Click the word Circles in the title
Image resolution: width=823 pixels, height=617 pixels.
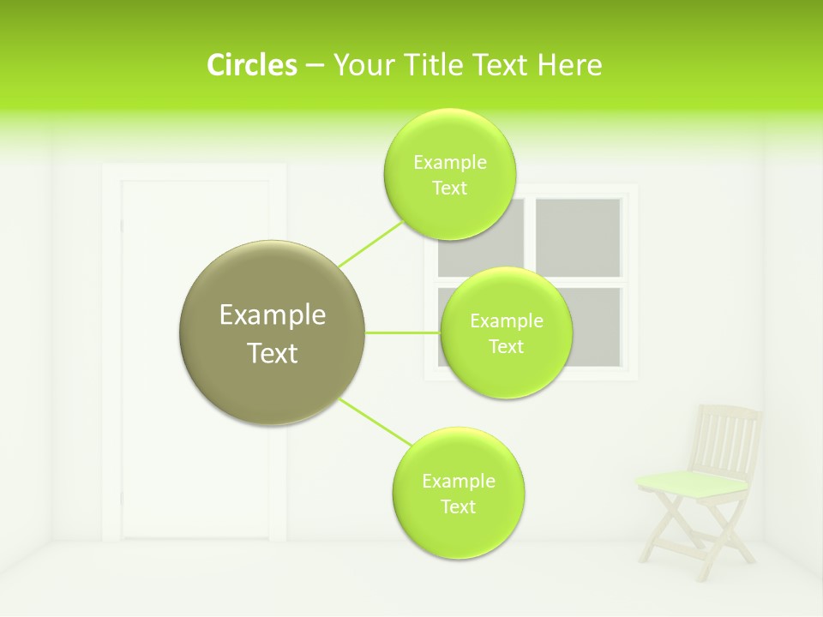pos(251,65)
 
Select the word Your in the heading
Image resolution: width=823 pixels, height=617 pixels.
pos(361,65)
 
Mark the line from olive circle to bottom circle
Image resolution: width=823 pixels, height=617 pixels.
pos(375,422)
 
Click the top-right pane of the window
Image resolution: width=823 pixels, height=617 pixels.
pos(579,237)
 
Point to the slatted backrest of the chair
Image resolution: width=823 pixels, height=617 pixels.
pos(728,439)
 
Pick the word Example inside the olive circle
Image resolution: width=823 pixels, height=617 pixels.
pos(272,315)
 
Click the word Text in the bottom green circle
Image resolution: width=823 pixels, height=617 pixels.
pos(458,506)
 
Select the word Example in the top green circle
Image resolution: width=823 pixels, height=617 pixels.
pos(449,162)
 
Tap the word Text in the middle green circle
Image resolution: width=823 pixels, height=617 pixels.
pos(506,346)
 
